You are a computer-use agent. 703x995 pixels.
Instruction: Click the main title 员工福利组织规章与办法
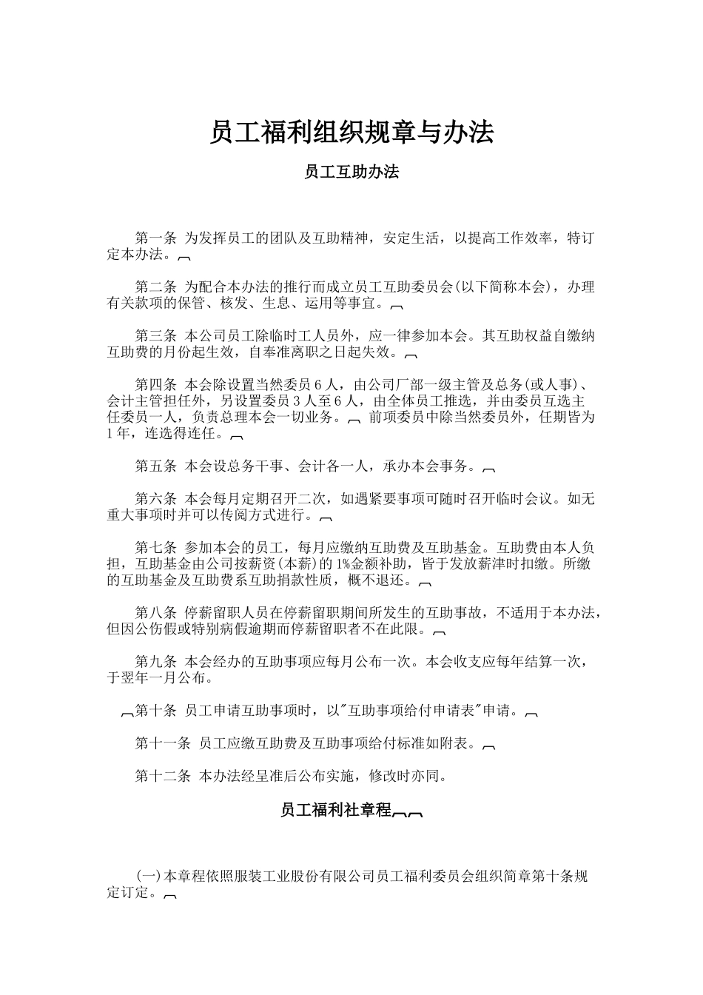tap(351, 133)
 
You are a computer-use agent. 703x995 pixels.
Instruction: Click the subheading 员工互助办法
tap(351, 172)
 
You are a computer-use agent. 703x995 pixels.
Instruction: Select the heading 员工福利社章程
tap(335, 810)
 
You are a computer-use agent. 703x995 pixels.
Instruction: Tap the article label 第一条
tap(155, 238)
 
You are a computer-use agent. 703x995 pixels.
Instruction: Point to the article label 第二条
tap(155, 287)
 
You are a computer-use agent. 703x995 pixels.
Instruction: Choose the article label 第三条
tap(155, 336)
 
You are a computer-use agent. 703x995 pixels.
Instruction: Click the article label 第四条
tap(155, 385)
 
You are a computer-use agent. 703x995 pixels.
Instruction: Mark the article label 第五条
tap(155, 466)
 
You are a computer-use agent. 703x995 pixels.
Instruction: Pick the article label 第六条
tap(155, 499)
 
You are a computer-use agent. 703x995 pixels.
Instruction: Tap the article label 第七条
tap(155, 549)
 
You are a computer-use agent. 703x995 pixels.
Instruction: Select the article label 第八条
tap(155, 613)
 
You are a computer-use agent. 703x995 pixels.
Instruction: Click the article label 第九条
tap(155, 662)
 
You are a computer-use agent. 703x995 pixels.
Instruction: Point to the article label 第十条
tap(155, 711)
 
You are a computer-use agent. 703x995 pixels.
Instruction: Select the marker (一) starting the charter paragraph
tap(149, 877)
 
